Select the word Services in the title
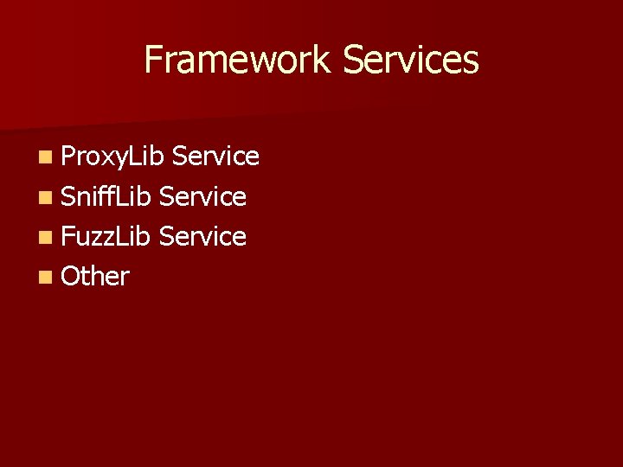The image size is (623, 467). [x=410, y=60]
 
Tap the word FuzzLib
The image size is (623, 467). [x=106, y=236]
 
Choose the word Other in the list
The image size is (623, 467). [x=95, y=276]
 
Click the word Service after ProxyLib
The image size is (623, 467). [x=215, y=156]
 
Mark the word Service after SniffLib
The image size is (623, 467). [x=203, y=196]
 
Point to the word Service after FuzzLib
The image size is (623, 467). [x=203, y=236]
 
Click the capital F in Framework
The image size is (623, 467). [x=153, y=60]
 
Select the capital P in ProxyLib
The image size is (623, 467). [x=68, y=156]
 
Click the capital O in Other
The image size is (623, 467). [x=71, y=276]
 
